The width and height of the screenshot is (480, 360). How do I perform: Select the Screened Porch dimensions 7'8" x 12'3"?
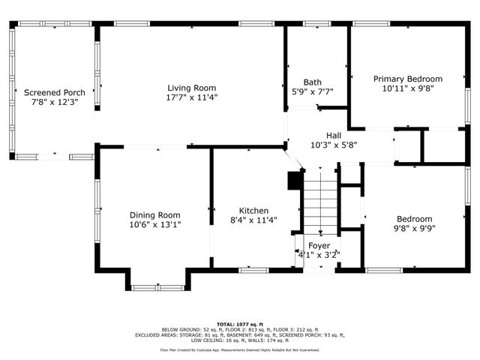[54, 103]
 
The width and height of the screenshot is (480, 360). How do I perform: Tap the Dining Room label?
[155, 213]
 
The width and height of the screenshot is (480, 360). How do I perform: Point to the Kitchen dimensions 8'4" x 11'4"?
[253, 221]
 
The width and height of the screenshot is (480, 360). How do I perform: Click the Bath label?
[312, 82]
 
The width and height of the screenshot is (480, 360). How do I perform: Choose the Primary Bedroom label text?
[408, 79]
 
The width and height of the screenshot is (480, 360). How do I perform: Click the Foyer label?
[319, 246]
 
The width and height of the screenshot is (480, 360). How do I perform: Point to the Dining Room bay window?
[157, 286]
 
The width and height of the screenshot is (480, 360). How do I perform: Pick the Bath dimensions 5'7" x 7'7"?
[312, 92]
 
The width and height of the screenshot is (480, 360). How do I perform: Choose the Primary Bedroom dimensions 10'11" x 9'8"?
[408, 88]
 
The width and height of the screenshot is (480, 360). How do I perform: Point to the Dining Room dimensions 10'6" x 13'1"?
[155, 223]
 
